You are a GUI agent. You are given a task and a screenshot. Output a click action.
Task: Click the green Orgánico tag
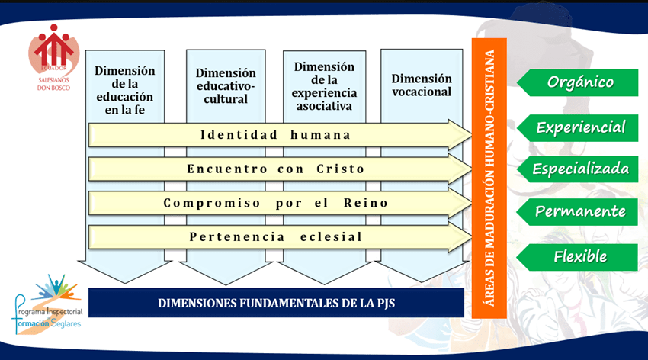coord(578,82)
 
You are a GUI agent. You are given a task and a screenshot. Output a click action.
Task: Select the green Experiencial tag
coord(578,128)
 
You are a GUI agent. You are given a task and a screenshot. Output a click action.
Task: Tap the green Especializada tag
coord(578,169)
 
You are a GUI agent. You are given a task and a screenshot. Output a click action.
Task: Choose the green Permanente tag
coord(578,211)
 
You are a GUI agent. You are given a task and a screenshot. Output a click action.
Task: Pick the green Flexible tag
coord(578,257)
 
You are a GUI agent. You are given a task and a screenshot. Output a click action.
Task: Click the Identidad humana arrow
coord(281,135)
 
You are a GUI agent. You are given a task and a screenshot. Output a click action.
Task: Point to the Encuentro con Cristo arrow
coord(281,169)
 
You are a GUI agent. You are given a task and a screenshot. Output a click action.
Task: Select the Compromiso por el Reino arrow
coord(281,203)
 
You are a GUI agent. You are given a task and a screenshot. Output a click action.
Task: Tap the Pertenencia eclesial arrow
coord(281,237)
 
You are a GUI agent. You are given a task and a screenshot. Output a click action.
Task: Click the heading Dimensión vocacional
coord(422,85)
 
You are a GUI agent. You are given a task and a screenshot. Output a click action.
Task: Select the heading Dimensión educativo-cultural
coord(226,86)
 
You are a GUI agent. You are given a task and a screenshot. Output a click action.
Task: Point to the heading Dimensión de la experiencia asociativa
coord(325,86)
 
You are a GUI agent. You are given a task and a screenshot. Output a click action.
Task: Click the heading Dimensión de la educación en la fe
coord(125,90)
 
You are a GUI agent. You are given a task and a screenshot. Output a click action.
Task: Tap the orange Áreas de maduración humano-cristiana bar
coord(489,178)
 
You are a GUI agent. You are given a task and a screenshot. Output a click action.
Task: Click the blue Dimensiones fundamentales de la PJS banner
coord(276,303)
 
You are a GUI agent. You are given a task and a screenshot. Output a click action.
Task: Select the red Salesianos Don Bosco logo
coord(53,57)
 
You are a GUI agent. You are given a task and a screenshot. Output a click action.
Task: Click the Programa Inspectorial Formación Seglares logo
coord(47,304)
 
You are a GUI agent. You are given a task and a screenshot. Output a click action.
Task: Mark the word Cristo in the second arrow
coord(341,169)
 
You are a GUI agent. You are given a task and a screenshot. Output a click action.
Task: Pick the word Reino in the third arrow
coord(366,203)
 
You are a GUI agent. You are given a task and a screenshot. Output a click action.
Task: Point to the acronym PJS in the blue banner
coord(386,304)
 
